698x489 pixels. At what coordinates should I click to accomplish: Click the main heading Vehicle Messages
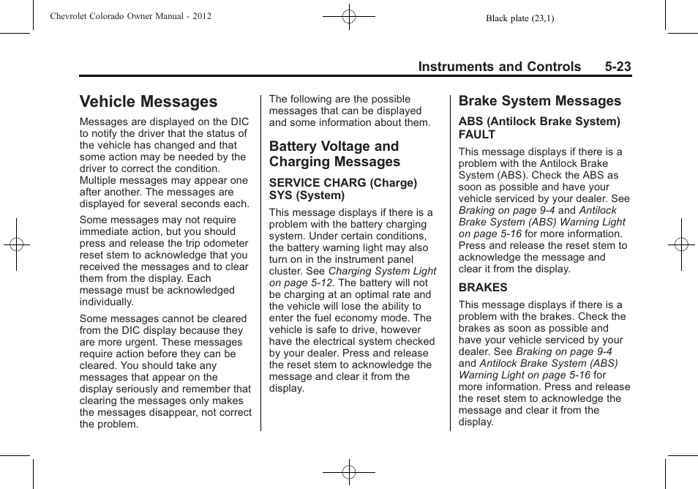point(149,102)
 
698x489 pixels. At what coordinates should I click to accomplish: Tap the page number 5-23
point(618,67)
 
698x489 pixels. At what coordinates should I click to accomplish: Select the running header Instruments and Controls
point(499,67)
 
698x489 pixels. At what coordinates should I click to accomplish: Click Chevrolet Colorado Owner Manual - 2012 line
point(131,16)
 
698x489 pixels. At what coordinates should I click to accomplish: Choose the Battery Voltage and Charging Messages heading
point(334,154)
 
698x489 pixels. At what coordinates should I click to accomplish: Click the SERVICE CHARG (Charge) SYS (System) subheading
point(342,189)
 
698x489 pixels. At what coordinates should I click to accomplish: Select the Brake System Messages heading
point(539,101)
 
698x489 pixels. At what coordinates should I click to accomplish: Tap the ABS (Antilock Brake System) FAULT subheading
point(538,128)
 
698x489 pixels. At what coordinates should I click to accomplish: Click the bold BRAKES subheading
point(483,288)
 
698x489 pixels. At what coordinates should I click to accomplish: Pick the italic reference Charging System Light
point(382,271)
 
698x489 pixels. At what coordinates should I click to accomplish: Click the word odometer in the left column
point(225,243)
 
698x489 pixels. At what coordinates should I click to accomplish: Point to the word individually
point(107,302)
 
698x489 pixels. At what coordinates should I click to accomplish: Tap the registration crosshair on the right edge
point(681,244)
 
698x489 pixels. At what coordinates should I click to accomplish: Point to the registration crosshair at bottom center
point(349,473)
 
